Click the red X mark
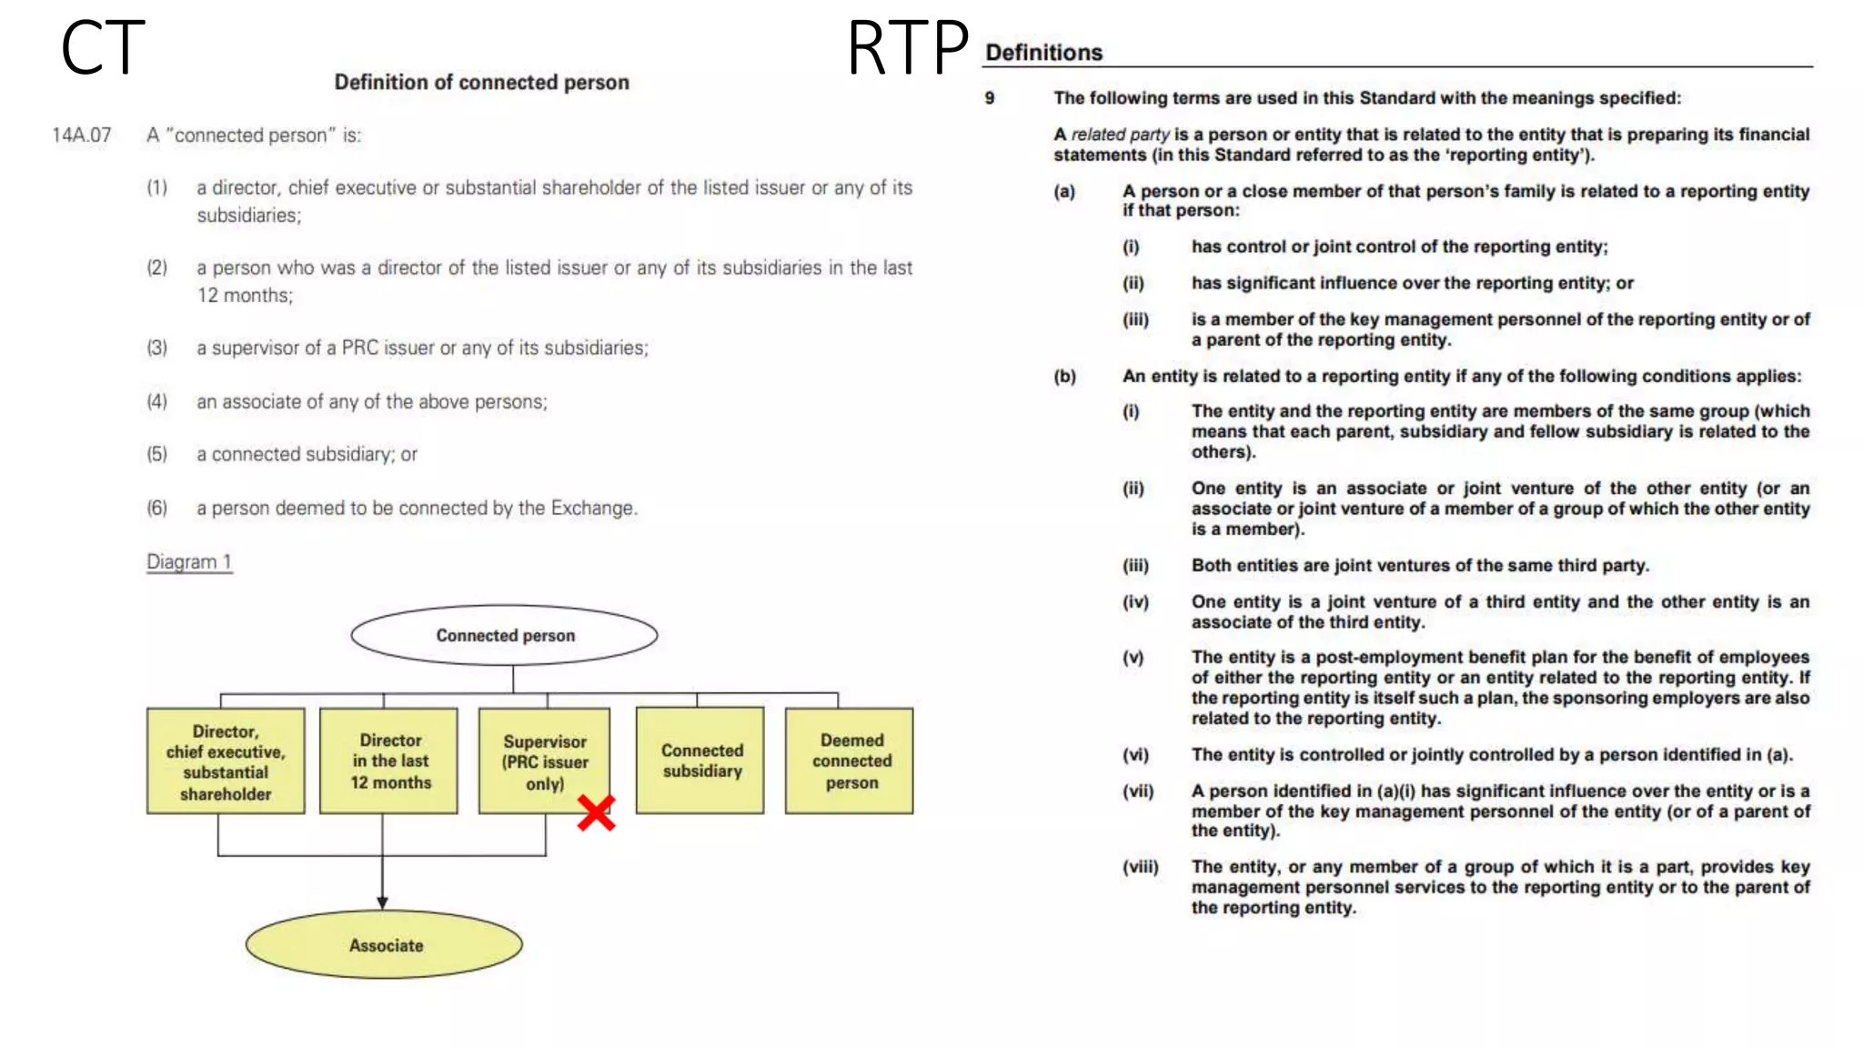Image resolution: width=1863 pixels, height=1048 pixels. (596, 813)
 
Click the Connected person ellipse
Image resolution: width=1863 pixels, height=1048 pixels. (505, 635)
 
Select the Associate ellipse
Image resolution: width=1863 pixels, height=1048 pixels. (385, 945)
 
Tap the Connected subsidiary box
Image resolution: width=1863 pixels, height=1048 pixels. (700, 761)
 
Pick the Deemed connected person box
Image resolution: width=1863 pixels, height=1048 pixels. (850, 761)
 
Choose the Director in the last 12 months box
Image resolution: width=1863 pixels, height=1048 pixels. (389, 761)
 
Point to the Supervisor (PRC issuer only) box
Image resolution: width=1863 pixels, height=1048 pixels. (544, 761)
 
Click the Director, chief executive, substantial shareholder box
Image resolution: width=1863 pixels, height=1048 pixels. (226, 761)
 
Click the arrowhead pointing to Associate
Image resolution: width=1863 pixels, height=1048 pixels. (382, 902)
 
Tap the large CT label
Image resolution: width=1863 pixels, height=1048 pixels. (103, 48)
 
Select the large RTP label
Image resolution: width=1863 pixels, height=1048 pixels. (907, 48)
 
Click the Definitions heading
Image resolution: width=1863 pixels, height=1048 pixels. (1043, 53)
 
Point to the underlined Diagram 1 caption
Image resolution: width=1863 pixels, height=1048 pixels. (189, 562)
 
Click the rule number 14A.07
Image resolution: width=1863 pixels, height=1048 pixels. (82, 136)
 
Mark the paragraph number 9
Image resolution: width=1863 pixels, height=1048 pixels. (990, 98)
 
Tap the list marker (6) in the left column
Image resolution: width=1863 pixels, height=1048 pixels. (157, 508)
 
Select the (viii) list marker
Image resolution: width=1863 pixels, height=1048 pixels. (1140, 867)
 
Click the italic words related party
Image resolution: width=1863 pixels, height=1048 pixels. (1120, 135)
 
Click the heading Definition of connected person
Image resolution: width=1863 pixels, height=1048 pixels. (481, 83)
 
